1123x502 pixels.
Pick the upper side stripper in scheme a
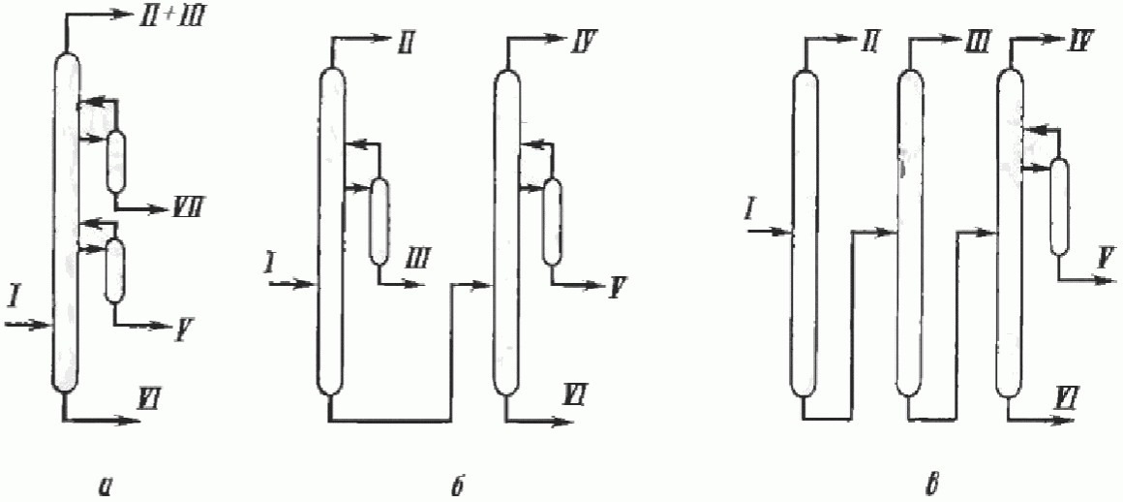116,162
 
